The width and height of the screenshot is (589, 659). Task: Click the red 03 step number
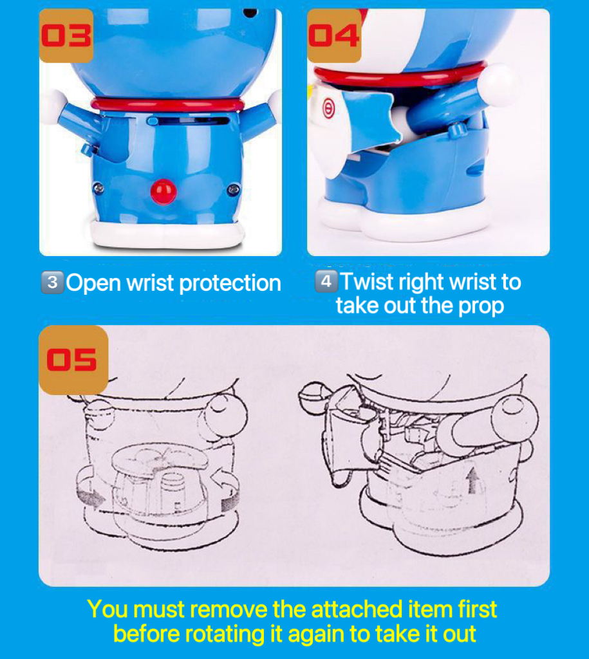pyautogui.click(x=66, y=35)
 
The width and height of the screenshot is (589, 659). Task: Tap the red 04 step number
pyautogui.click(x=334, y=35)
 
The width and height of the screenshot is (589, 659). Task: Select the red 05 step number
pyautogui.click(x=71, y=360)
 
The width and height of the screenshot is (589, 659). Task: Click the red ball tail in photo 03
pyautogui.click(x=164, y=191)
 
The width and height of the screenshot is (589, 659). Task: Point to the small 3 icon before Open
pyautogui.click(x=52, y=282)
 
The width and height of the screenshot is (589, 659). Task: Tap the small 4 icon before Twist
pyautogui.click(x=326, y=281)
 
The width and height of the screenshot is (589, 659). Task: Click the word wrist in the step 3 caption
pyautogui.click(x=150, y=283)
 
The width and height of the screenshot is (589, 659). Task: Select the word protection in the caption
pyautogui.click(x=230, y=283)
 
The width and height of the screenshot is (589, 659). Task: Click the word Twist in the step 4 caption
pyautogui.click(x=367, y=282)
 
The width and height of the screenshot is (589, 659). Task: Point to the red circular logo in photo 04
pyautogui.click(x=328, y=109)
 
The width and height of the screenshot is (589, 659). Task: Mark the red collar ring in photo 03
pyautogui.click(x=167, y=104)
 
